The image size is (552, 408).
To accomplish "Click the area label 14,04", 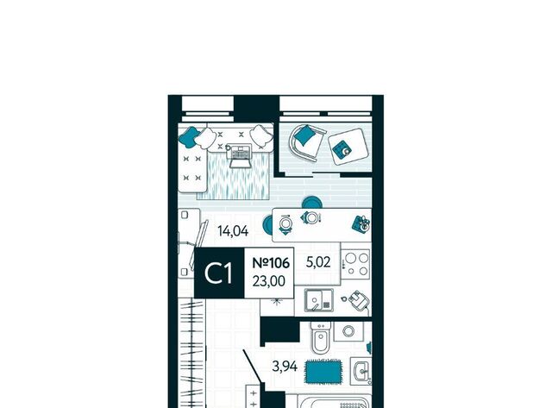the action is pos(233,231).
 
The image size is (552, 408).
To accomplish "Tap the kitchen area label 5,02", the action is pos(318,262).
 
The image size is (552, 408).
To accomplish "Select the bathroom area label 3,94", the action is pos(285,367).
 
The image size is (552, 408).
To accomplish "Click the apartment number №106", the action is pos(271,262).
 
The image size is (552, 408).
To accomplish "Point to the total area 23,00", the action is pos(269,281).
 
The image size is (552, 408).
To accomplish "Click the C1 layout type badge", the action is pos(218,273).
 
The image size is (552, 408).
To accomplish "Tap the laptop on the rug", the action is pos(240,155).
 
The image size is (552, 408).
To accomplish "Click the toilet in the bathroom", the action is pos(321,336).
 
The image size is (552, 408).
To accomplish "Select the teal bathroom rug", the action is pos(323,372).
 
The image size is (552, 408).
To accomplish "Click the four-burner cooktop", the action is pos(356,264).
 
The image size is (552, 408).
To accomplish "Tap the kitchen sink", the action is pos(319,300).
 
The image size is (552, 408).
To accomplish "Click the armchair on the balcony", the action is pos(306,142).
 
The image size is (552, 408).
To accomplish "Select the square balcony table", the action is pos(348,147).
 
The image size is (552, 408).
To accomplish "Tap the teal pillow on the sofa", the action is pos(188,137).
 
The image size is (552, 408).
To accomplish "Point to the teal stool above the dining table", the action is pos(311,203).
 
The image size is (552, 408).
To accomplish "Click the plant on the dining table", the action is pos(361,224).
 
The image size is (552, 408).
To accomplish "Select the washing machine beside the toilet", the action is pos(348,331).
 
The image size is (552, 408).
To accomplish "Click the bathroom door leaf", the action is pos(252,367).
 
